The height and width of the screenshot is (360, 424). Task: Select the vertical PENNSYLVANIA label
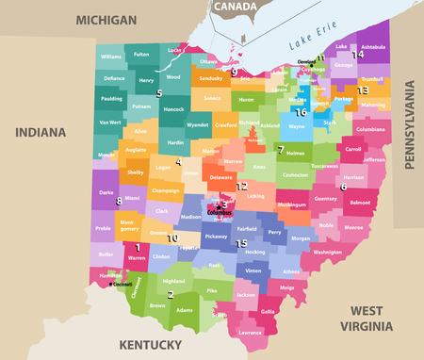click(409, 125)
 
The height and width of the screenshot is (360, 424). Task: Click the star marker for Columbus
click(220, 205)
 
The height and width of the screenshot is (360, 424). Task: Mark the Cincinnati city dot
click(111, 282)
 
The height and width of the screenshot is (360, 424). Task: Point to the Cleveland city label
click(306, 62)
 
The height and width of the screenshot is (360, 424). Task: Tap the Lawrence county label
click(250, 333)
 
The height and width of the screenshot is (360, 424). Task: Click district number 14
click(357, 55)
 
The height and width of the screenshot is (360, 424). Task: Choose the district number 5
click(159, 93)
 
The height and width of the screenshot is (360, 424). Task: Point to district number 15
click(240, 242)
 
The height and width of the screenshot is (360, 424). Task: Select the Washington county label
click(327, 253)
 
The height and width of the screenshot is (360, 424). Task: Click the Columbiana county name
click(369, 129)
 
